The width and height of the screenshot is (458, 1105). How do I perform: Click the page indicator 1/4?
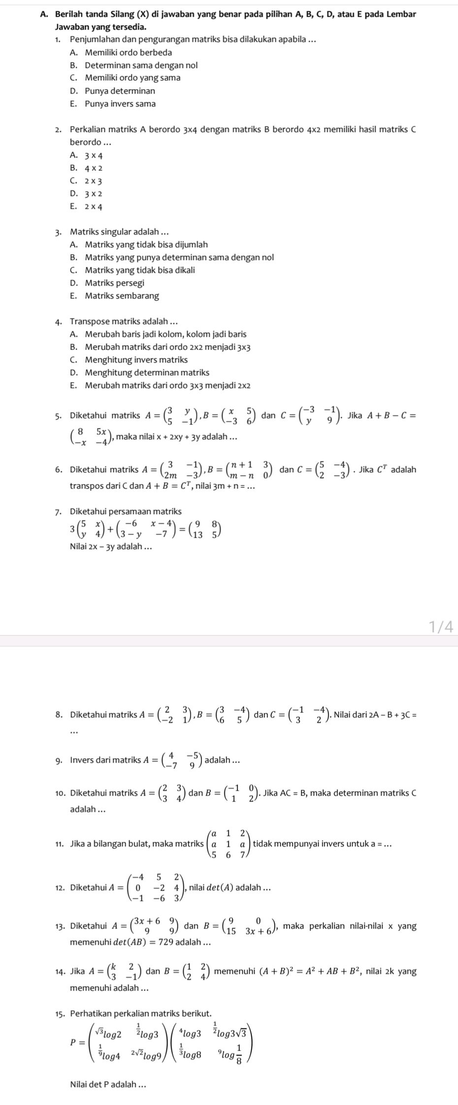(x=440, y=626)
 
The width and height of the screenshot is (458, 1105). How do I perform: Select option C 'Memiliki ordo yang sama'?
(x=132, y=78)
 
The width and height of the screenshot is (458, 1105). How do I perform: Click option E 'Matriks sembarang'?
(x=122, y=296)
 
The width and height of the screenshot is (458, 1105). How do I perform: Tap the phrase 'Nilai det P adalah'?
(x=108, y=1083)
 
